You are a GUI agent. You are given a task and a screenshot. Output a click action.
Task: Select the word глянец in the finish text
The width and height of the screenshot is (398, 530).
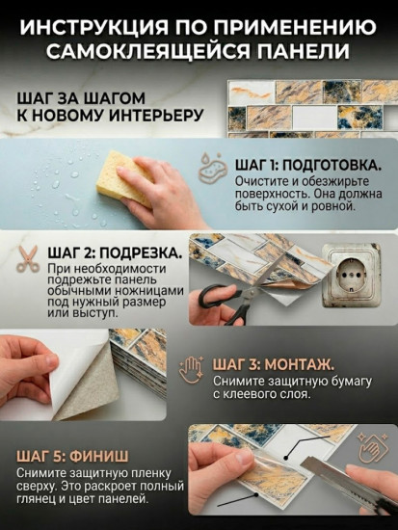pyautogui.click(x=42, y=499)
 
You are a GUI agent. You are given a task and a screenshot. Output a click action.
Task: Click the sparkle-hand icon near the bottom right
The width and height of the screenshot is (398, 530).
pyautogui.click(x=372, y=446)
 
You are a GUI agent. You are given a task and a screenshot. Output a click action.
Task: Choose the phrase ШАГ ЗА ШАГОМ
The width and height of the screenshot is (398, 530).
pyautogui.click(x=81, y=97)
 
